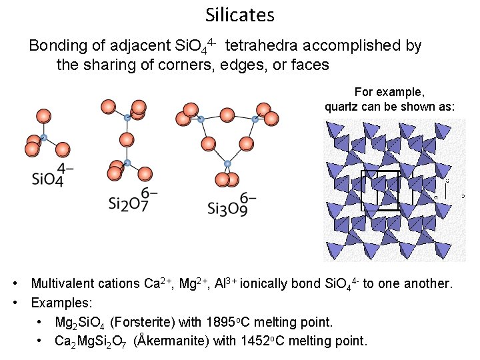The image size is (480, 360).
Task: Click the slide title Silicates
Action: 240,15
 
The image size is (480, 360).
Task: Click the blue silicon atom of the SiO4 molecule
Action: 43,139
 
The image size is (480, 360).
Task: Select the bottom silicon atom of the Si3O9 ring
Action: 227,163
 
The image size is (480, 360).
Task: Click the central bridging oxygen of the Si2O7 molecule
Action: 126,140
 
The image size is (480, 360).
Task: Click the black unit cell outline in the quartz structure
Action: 380,191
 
